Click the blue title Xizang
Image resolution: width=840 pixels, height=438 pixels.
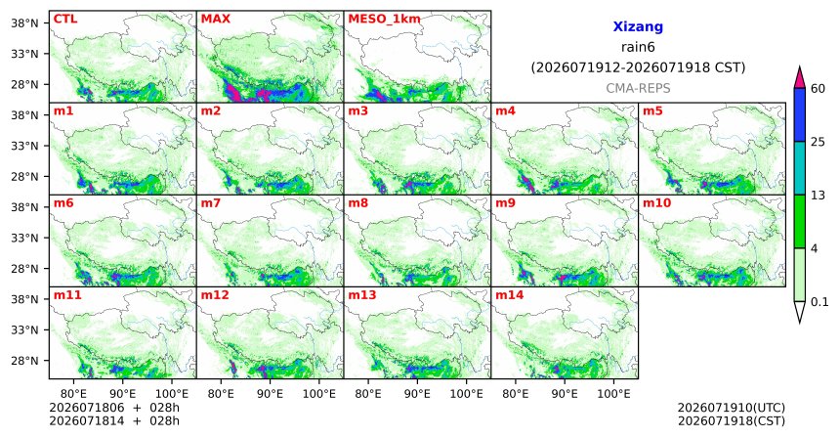click(x=638, y=26)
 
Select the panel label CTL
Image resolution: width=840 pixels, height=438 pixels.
click(x=65, y=19)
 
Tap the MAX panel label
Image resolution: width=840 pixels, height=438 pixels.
click(x=215, y=19)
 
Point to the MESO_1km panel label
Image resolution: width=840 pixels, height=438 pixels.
click(x=384, y=20)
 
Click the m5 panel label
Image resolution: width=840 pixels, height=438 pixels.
click(x=652, y=111)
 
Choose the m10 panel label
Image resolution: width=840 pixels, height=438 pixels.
click(x=656, y=203)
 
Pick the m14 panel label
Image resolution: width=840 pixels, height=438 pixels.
click(x=510, y=295)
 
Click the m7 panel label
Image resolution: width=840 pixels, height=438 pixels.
click(x=211, y=203)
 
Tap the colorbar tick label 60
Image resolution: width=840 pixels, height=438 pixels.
click(x=819, y=89)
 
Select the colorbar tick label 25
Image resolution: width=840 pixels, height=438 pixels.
click(x=819, y=142)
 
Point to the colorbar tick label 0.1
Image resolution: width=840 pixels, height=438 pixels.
click(x=819, y=302)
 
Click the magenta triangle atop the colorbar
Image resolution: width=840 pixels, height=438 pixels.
click(x=800, y=78)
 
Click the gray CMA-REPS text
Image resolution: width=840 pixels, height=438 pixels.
click(x=638, y=88)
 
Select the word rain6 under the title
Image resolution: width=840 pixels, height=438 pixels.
click(x=638, y=47)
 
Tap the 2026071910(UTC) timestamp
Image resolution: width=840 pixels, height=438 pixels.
click(x=732, y=409)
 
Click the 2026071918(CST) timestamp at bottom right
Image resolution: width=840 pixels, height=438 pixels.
click(x=732, y=420)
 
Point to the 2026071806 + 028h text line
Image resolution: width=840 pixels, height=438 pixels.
click(x=114, y=408)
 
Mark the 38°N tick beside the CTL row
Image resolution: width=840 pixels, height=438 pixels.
click(x=24, y=23)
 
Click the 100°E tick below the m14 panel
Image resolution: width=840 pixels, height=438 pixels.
click(x=613, y=394)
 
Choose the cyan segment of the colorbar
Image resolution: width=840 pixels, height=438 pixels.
click(x=800, y=168)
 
